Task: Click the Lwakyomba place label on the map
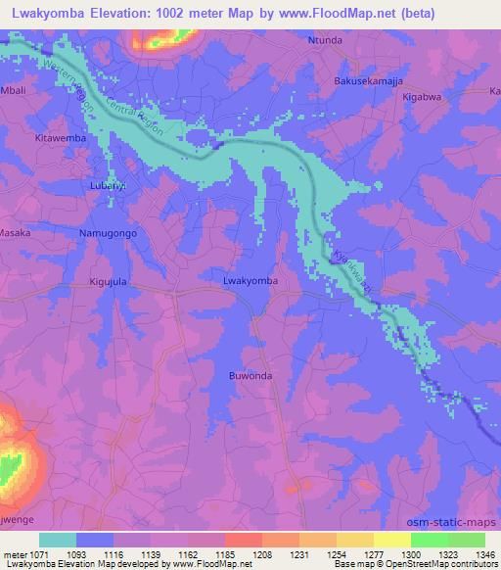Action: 250,281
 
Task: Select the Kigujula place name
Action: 110,281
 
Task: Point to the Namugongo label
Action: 106,234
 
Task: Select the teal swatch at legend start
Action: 58,540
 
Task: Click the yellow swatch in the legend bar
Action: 391,540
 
